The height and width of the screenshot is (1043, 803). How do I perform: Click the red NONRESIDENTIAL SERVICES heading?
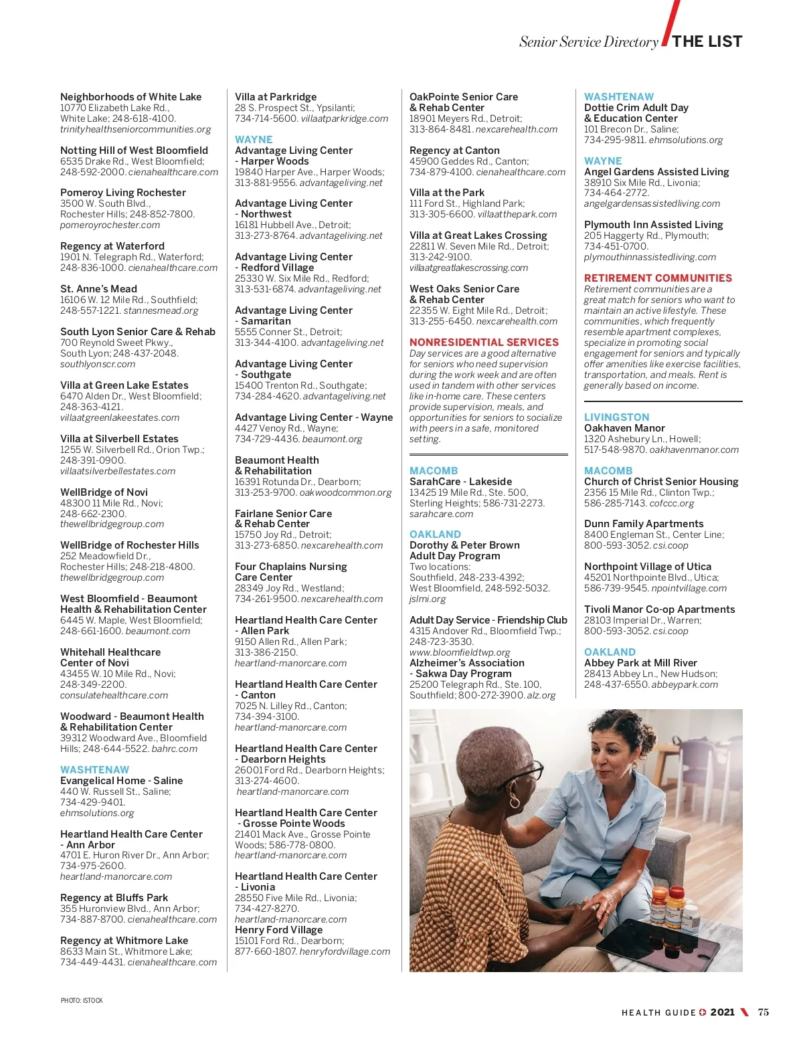[484, 343]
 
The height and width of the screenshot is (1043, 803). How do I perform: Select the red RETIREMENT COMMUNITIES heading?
[658, 278]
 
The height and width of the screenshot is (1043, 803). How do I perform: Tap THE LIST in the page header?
[707, 41]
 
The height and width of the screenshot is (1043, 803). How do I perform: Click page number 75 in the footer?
[763, 1012]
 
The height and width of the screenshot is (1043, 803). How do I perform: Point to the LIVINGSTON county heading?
[616, 417]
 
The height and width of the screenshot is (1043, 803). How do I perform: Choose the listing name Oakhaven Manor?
[624, 428]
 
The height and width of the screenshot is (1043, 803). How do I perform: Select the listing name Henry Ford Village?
[278, 930]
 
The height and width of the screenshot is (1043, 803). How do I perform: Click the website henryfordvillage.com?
[345, 951]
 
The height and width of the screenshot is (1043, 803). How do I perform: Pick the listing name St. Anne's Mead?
[98, 289]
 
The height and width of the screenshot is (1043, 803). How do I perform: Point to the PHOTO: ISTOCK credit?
[82, 1001]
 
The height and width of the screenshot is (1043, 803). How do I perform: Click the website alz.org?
[541, 695]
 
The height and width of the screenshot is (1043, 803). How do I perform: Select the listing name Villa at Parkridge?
[276, 97]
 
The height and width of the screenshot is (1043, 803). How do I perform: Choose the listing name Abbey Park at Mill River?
[640, 663]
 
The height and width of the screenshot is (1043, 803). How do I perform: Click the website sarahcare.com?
[441, 514]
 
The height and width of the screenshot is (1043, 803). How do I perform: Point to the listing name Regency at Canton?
[454, 151]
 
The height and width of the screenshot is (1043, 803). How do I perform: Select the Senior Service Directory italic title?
[589, 42]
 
